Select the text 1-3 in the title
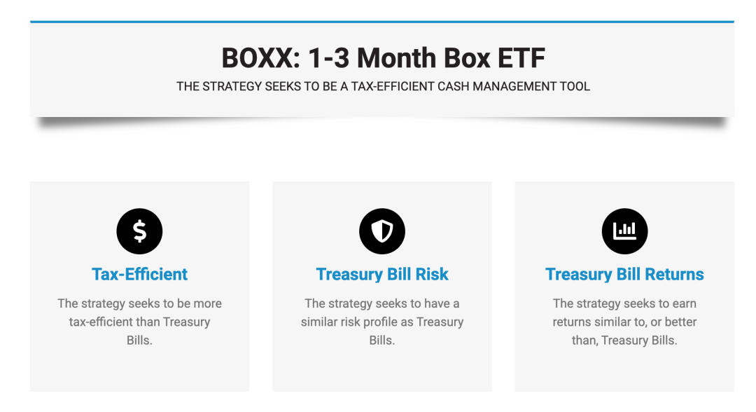(x=328, y=58)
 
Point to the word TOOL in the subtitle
(x=575, y=86)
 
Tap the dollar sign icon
(x=139, y=231)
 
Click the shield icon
(x=382, y=231)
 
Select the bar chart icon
(x=624, y=231)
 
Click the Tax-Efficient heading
(x=139, y=274)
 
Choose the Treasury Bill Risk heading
(x=382, y=274)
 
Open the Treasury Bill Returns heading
(x=624, y=274)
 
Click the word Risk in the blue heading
(x=432, y=274)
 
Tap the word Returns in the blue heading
(x=675, y=274)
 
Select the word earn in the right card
(x=685, y=304)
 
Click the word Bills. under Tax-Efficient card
(x=139, y=340)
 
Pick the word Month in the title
(x=396, y=58)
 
